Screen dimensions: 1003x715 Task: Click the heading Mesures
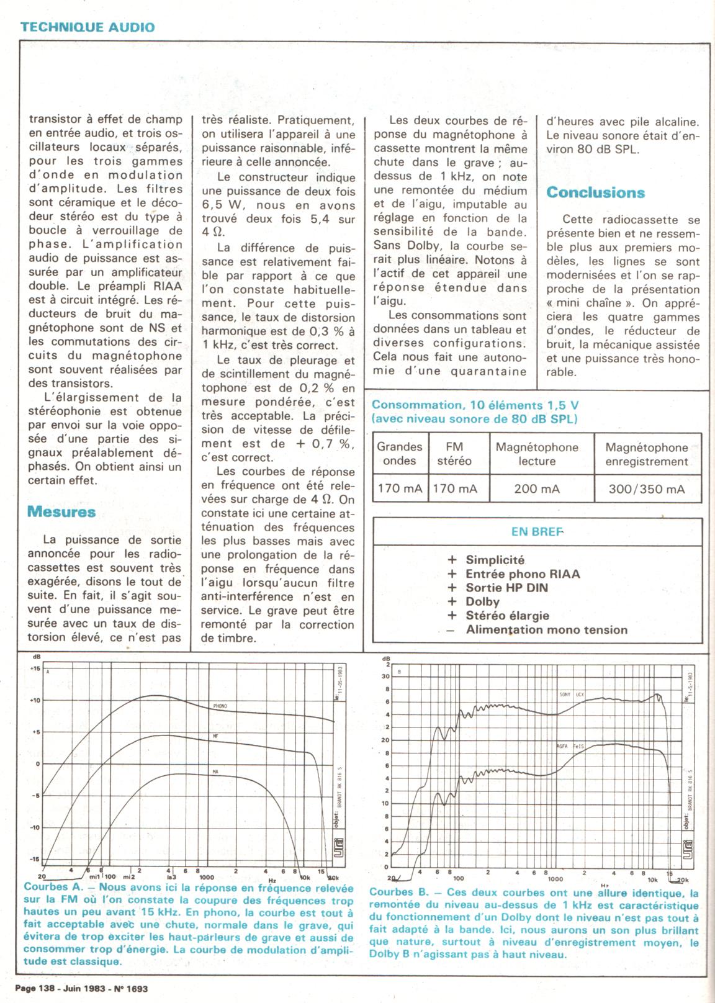click(x=61, y=512)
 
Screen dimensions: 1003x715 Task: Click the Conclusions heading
click(x=595, y=192)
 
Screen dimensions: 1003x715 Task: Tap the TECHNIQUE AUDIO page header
click(x=87, y=27)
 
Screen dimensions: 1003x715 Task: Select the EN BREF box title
click(x=537, y=531)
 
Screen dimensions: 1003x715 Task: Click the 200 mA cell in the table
click(x=537, y=489)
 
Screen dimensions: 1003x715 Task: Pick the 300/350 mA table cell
click(x=647, y=489)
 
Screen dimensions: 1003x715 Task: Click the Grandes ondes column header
click(x=399, y=454)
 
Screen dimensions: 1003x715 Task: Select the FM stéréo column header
click(x=454, y=454)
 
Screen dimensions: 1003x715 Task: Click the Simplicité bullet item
click(x=495, y=560)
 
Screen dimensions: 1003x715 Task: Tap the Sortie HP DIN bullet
click(x=506, y=588)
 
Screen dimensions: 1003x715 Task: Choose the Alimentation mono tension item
click(x=546, y=630)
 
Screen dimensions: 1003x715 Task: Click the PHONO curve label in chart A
click(x=220, y=706)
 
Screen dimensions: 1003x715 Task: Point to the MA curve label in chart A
click(x=216, y=771)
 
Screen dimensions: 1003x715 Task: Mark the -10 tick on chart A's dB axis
click(x=34, y=827)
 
